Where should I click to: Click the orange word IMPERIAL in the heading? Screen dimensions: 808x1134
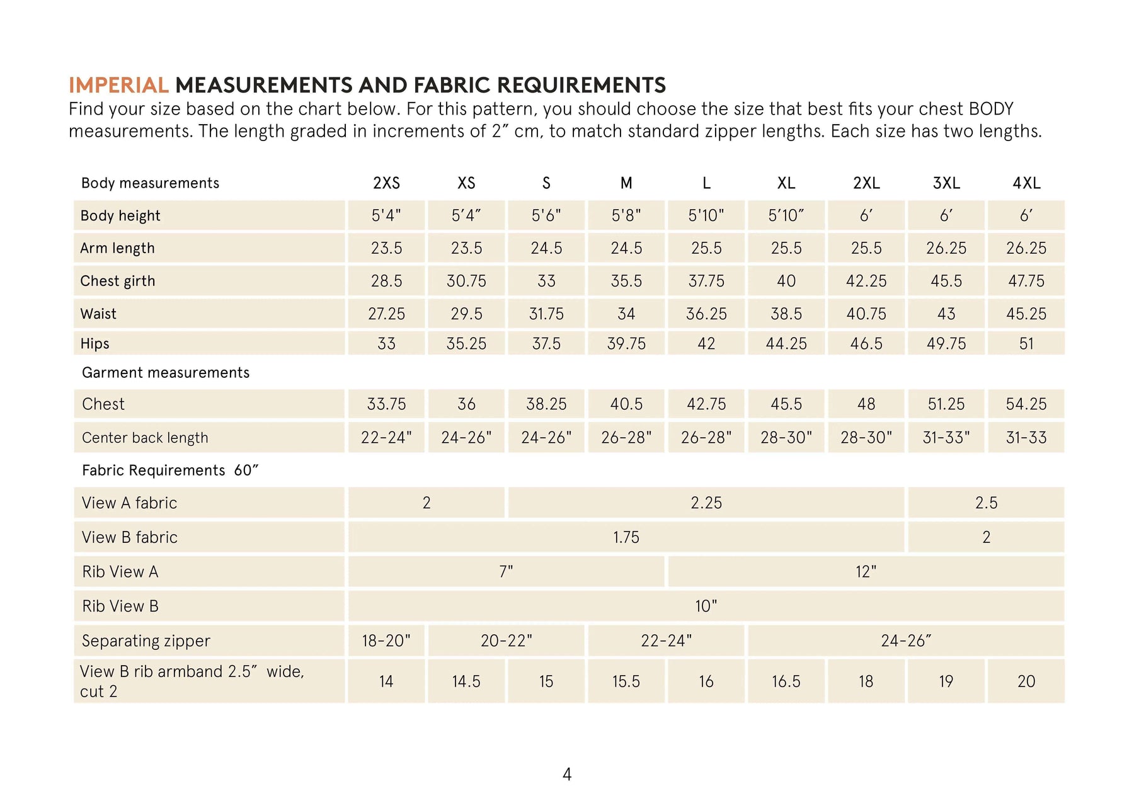[x=118, y=85]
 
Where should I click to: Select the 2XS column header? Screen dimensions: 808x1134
[x=386, y=183]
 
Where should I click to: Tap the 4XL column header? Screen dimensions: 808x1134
[x=1026, y=183]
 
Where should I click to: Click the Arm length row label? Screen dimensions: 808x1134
[x=117, y=248]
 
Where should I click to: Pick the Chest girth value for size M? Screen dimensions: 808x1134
[x=626, y=281]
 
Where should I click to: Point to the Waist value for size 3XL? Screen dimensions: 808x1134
[x=946, y=314]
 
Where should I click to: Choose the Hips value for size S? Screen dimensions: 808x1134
[x=546, y=344]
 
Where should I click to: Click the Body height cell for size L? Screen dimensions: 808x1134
[x=706, y=215]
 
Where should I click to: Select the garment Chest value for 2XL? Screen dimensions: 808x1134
[x=866, y=404]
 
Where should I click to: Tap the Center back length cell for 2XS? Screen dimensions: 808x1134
[x=386, y=438]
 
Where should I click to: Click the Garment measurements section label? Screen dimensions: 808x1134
[x=166, y=373]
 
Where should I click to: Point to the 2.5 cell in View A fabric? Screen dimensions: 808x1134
[x=986, y=503]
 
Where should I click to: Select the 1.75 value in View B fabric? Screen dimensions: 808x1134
[x=626, y=537]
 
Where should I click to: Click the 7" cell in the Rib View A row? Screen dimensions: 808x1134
[x=506, y=572]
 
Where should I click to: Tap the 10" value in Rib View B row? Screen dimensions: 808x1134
[x=706, y=606]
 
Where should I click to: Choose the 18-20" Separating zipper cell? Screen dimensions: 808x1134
[x=386, y=641]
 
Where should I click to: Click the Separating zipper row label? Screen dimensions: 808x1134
[x=146, y=641]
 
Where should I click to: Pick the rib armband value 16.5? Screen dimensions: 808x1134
[x=786, y=681]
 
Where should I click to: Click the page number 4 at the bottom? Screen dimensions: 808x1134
[x=567, y=774]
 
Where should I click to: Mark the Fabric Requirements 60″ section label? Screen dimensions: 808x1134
[x=170, y=470]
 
